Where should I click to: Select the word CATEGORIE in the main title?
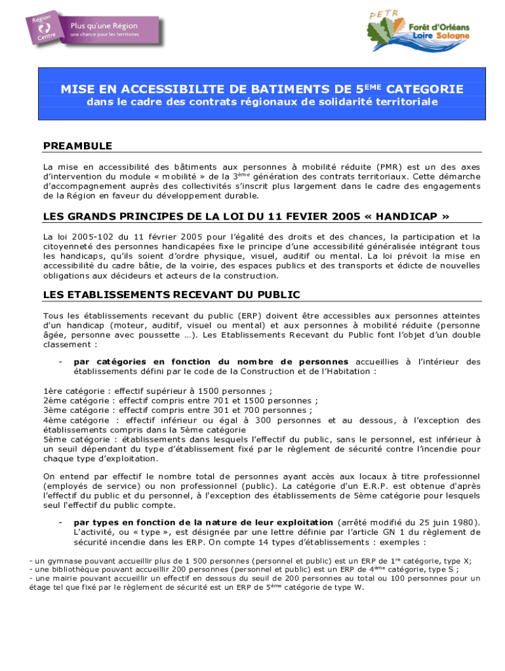[424, 89]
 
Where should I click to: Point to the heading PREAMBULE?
[77, 145]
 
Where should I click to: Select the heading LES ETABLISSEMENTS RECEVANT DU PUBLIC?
[171, 295]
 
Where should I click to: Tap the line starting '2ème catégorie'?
[180, 402]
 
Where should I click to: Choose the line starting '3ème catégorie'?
[177, 411]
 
